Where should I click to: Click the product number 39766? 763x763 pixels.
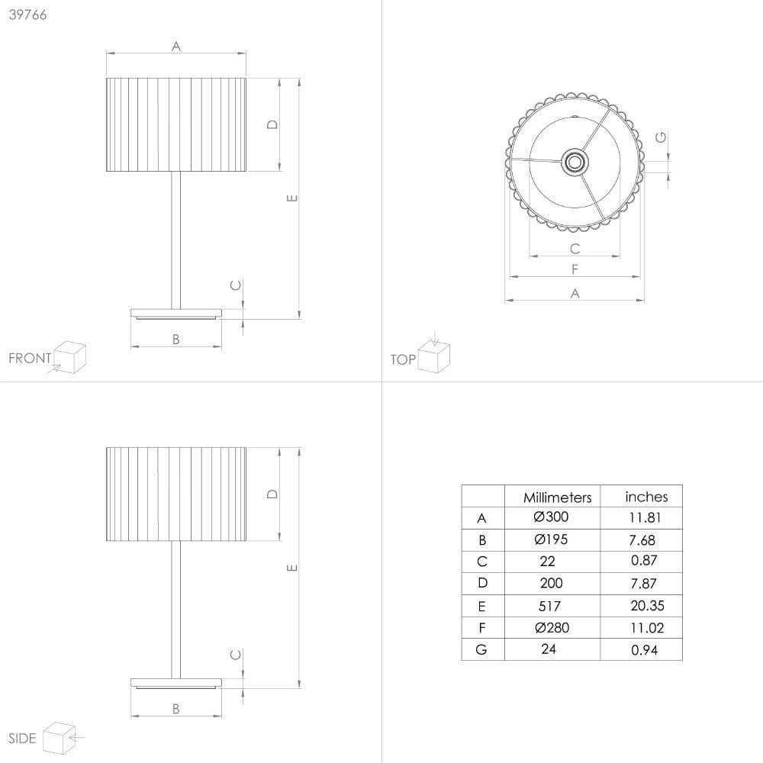[27, 14]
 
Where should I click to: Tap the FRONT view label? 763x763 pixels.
[30, 358]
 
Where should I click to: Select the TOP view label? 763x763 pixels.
[403, 359]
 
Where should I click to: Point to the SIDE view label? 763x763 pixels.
[22, 738]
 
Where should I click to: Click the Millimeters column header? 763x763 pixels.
[557, 497]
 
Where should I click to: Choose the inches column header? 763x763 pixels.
[646, 497]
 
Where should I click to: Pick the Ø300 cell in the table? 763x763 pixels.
[551, 517]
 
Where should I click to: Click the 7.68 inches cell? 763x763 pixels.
[642, 539]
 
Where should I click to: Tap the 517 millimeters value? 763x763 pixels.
[549, 606]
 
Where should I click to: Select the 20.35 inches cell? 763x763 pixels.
[647, 605]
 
